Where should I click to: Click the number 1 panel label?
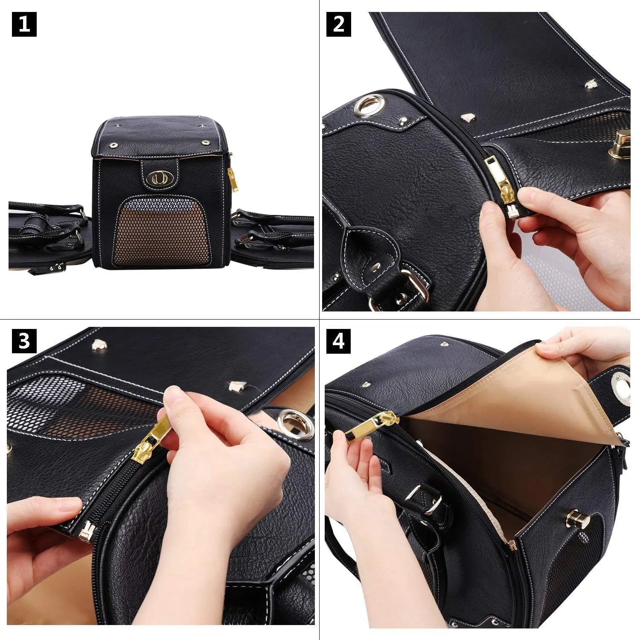(24, 24)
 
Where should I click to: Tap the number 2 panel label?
(338, 24)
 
